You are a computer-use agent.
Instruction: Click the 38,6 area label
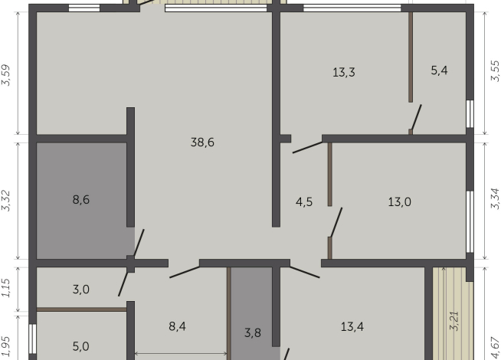[x=201, y=142]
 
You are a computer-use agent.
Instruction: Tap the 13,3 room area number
[x=343, y=73]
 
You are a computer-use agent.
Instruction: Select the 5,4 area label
[x=439, y=70]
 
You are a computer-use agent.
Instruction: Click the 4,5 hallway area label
[x=304, y=202]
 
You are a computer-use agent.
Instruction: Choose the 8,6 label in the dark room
[x=81, y=200]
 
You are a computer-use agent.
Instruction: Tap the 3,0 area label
[x=81, y=289]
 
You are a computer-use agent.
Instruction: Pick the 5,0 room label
[x=81, y=346]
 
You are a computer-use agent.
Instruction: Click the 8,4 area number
[x=177, y=326]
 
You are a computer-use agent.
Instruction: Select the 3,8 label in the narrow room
[x=253, y=332]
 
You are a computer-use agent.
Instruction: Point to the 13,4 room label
[x=352, y=326]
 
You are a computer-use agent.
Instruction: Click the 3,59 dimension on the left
[x=7, y=75]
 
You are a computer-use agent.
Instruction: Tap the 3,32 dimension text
[x=7, y=201]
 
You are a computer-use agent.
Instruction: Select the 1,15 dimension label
[x=7, y=288]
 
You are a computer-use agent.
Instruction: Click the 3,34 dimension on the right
[x=493, y=201]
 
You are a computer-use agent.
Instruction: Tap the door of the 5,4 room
[x=416, y=119]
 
